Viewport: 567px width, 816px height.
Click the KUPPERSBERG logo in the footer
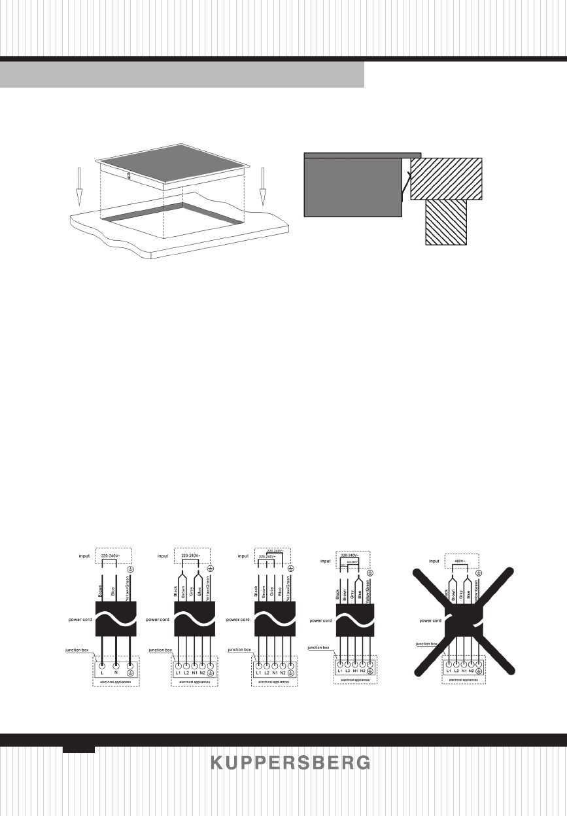[290, 763]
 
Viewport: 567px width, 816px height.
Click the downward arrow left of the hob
[78, 186]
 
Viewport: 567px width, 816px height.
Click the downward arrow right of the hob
[262, 186]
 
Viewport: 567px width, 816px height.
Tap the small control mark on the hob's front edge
[129, 175]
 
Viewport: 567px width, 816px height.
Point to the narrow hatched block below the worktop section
[447, 222]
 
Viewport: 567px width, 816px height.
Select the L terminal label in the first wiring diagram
[103, 673]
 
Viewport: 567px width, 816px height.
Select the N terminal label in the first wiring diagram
[116, 673]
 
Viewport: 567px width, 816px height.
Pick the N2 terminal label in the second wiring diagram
[203, 673]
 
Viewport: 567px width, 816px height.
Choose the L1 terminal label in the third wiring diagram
[258, 673]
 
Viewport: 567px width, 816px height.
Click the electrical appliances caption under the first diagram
[115, 683]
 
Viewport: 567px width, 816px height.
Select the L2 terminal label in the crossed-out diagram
[456, 671]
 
